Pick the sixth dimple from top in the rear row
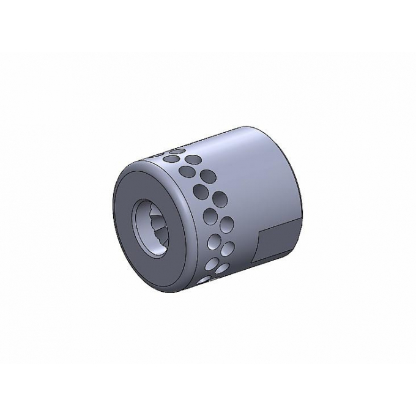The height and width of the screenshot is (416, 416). point(221,268)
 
